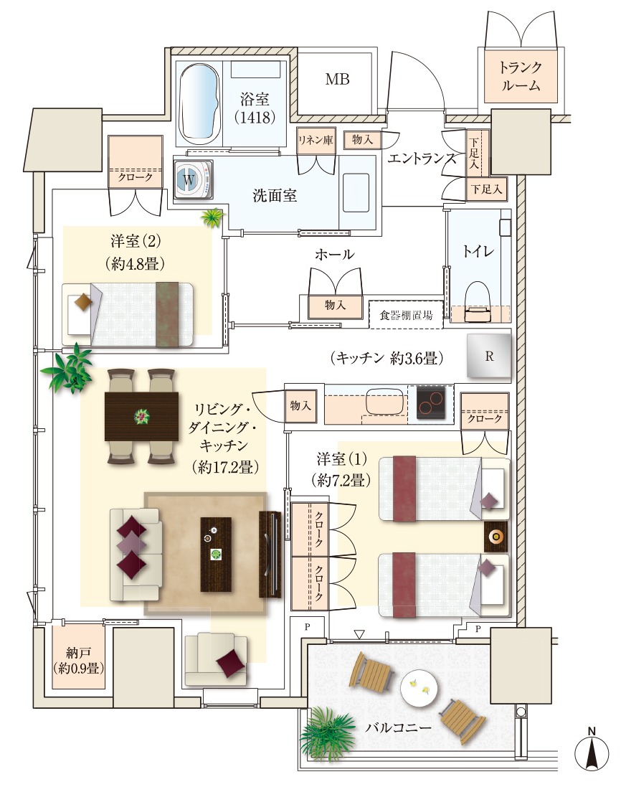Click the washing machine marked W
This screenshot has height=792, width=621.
pyautogui.click(x=194, y=179)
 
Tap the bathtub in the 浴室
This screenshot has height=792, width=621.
pyautogui.click(x=201, y=103)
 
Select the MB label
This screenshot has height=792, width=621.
pyautogui.click(x=337, y=80)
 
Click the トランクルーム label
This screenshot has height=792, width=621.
pyautogui.click(x=521, y=76)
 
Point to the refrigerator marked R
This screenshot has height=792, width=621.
pyautogui.click(x=489, y=356)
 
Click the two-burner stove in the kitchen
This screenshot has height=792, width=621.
pyautogui.click(x=431, y=402)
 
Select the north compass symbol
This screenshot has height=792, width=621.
pyautogui.click(x=591, y=749)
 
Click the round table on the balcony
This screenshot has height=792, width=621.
pyautogui.click(x=419, y=688)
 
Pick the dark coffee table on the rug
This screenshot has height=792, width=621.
pyautogui.click(x=216, y=554)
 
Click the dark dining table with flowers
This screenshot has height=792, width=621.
pyautogui.click(x=141, y=416)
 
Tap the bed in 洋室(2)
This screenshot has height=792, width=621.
pyautogui.click(x=128, y=315)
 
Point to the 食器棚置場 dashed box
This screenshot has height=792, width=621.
pyautogui.click(x=407, y=315)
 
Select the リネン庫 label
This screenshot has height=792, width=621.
pyautogui.click(x=316, y=140)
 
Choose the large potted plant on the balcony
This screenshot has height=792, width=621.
pyautogui.click(x=328, y=733)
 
